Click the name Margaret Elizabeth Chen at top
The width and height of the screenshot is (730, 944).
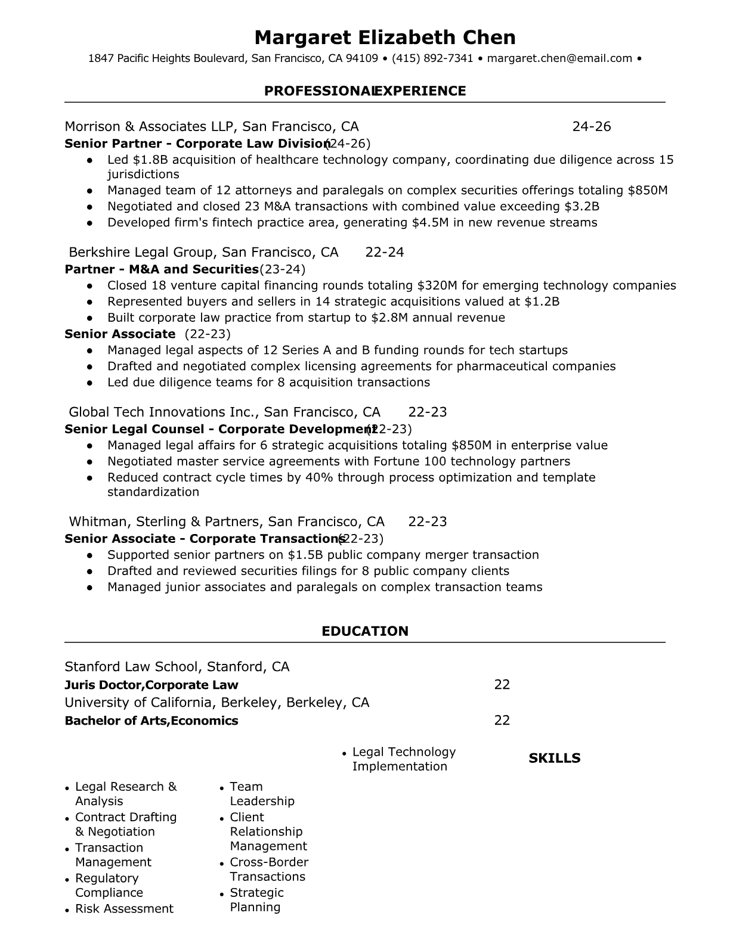(385, 38)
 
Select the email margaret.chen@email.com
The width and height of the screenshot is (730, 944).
(559, 58)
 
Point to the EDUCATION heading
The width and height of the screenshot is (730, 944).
(365, 631)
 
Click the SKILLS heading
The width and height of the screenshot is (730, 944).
(554, 758)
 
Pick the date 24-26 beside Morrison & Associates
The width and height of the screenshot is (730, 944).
(591, 126)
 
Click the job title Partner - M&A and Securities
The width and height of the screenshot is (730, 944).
(162, 269)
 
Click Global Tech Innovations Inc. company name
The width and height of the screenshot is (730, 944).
(163, 412)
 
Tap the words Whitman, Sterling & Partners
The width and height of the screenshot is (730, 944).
(165, 521)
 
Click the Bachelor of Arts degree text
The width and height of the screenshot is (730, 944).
(116, 721)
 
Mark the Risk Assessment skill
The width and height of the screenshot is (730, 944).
(124, 909)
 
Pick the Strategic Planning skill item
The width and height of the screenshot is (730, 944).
(256, 900)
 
